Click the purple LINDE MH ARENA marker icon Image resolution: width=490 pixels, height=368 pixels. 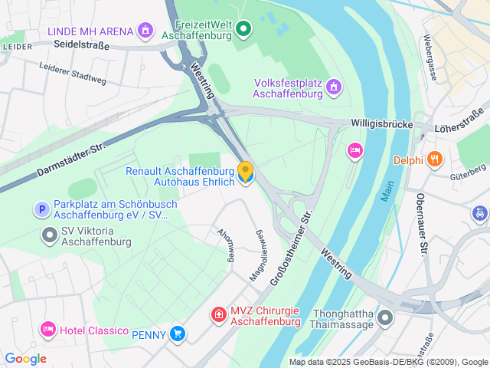pyautogui.click(x=145, y=31)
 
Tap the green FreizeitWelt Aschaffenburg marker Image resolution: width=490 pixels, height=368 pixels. pyautogui.click(x=243, y=30)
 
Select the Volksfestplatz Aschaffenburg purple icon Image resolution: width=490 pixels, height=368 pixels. pyautogui.click(x=332, y=88)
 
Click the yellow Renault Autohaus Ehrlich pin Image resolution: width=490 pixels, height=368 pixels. pyautogui.click(x=246, y=172)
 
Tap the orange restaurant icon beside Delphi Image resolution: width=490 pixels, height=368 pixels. pyautogui.click(x=435, y=159)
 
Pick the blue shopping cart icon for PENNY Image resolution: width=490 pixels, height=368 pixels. pyautogui.click(x=178, y=333)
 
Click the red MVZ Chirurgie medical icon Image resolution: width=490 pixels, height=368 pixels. pyautogui.click(x=219, y=314)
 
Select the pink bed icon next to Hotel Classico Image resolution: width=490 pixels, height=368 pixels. pyautogui.click(x=48, y=330)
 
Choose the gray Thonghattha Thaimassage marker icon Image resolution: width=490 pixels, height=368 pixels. pyautogui.click(x=384, y=317)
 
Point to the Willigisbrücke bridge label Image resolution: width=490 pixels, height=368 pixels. pyautogui.click(x=382, y=123)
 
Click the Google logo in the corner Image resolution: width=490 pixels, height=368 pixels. pyautogui.click(x=25, y=359)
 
